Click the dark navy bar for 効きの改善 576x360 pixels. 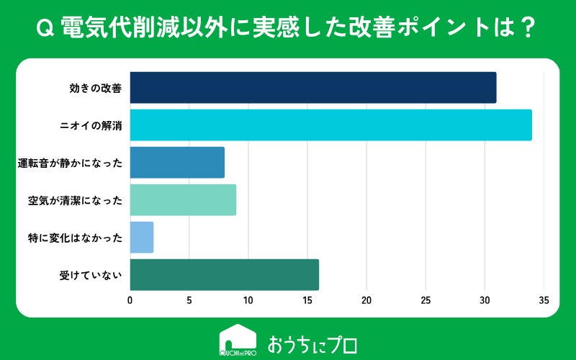coord(313,87)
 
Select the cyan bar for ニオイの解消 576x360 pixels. coord(331,125)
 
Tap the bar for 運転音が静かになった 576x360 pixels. coord(177,163)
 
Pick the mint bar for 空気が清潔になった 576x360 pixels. coord(183,200)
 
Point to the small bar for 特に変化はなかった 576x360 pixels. coord(142,238)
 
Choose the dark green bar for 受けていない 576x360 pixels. coord(225,275)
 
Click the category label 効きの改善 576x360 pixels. coord(96,88)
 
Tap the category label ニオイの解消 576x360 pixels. coord(91,125)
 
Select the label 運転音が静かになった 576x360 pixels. coord(70,163)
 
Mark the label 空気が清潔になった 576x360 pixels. coord(76,201)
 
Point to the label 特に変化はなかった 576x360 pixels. coord(76,238)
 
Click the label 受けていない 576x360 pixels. coord(91,276)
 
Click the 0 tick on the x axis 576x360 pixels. coord(130,300)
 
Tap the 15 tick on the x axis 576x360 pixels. coord(307,300)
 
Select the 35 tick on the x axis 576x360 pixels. coord(544,300)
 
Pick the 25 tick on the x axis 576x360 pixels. coord(426,300)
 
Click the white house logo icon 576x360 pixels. coord(238,340)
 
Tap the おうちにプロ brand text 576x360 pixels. coord(312,345)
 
